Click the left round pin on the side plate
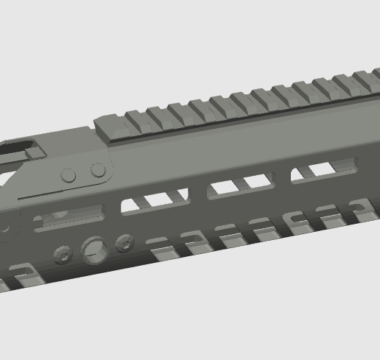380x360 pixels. (68, 175)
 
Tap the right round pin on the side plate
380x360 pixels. (98, 170)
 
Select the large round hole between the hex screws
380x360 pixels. (94, 250)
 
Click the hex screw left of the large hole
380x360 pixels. (63, 255)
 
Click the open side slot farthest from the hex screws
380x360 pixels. (324, 170)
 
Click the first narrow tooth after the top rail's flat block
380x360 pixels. (137, 120)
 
